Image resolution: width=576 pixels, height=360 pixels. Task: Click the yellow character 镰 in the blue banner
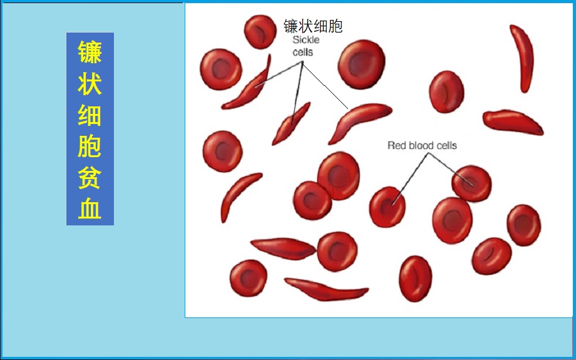[90, 53]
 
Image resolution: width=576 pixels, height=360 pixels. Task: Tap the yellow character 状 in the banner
[90, 83]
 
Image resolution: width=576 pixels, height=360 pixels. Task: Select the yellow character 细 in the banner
[90, 115]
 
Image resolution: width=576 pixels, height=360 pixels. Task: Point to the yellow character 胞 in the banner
[90, 146]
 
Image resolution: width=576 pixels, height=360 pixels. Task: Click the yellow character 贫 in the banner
[90, 177]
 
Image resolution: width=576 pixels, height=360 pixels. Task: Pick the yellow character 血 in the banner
[90, 208]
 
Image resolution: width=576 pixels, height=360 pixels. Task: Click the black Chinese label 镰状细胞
[313, 26]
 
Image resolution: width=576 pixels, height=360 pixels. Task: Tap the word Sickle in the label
[306, 39]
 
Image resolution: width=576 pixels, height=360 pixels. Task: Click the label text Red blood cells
[422, 145]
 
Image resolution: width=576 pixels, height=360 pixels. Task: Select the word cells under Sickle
[302, 52]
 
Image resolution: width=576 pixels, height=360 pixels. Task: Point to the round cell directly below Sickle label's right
[361, 64]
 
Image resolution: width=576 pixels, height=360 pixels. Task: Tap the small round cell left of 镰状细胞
[260, 32]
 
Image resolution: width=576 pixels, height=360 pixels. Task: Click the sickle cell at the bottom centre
[326, 289]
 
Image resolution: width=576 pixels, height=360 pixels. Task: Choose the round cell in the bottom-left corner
[249, 278]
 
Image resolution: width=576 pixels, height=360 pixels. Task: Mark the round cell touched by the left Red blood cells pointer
[387, 207]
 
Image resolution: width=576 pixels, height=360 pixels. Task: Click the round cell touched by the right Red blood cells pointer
[471, 183]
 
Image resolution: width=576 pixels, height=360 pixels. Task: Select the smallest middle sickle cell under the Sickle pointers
[291, 124]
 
